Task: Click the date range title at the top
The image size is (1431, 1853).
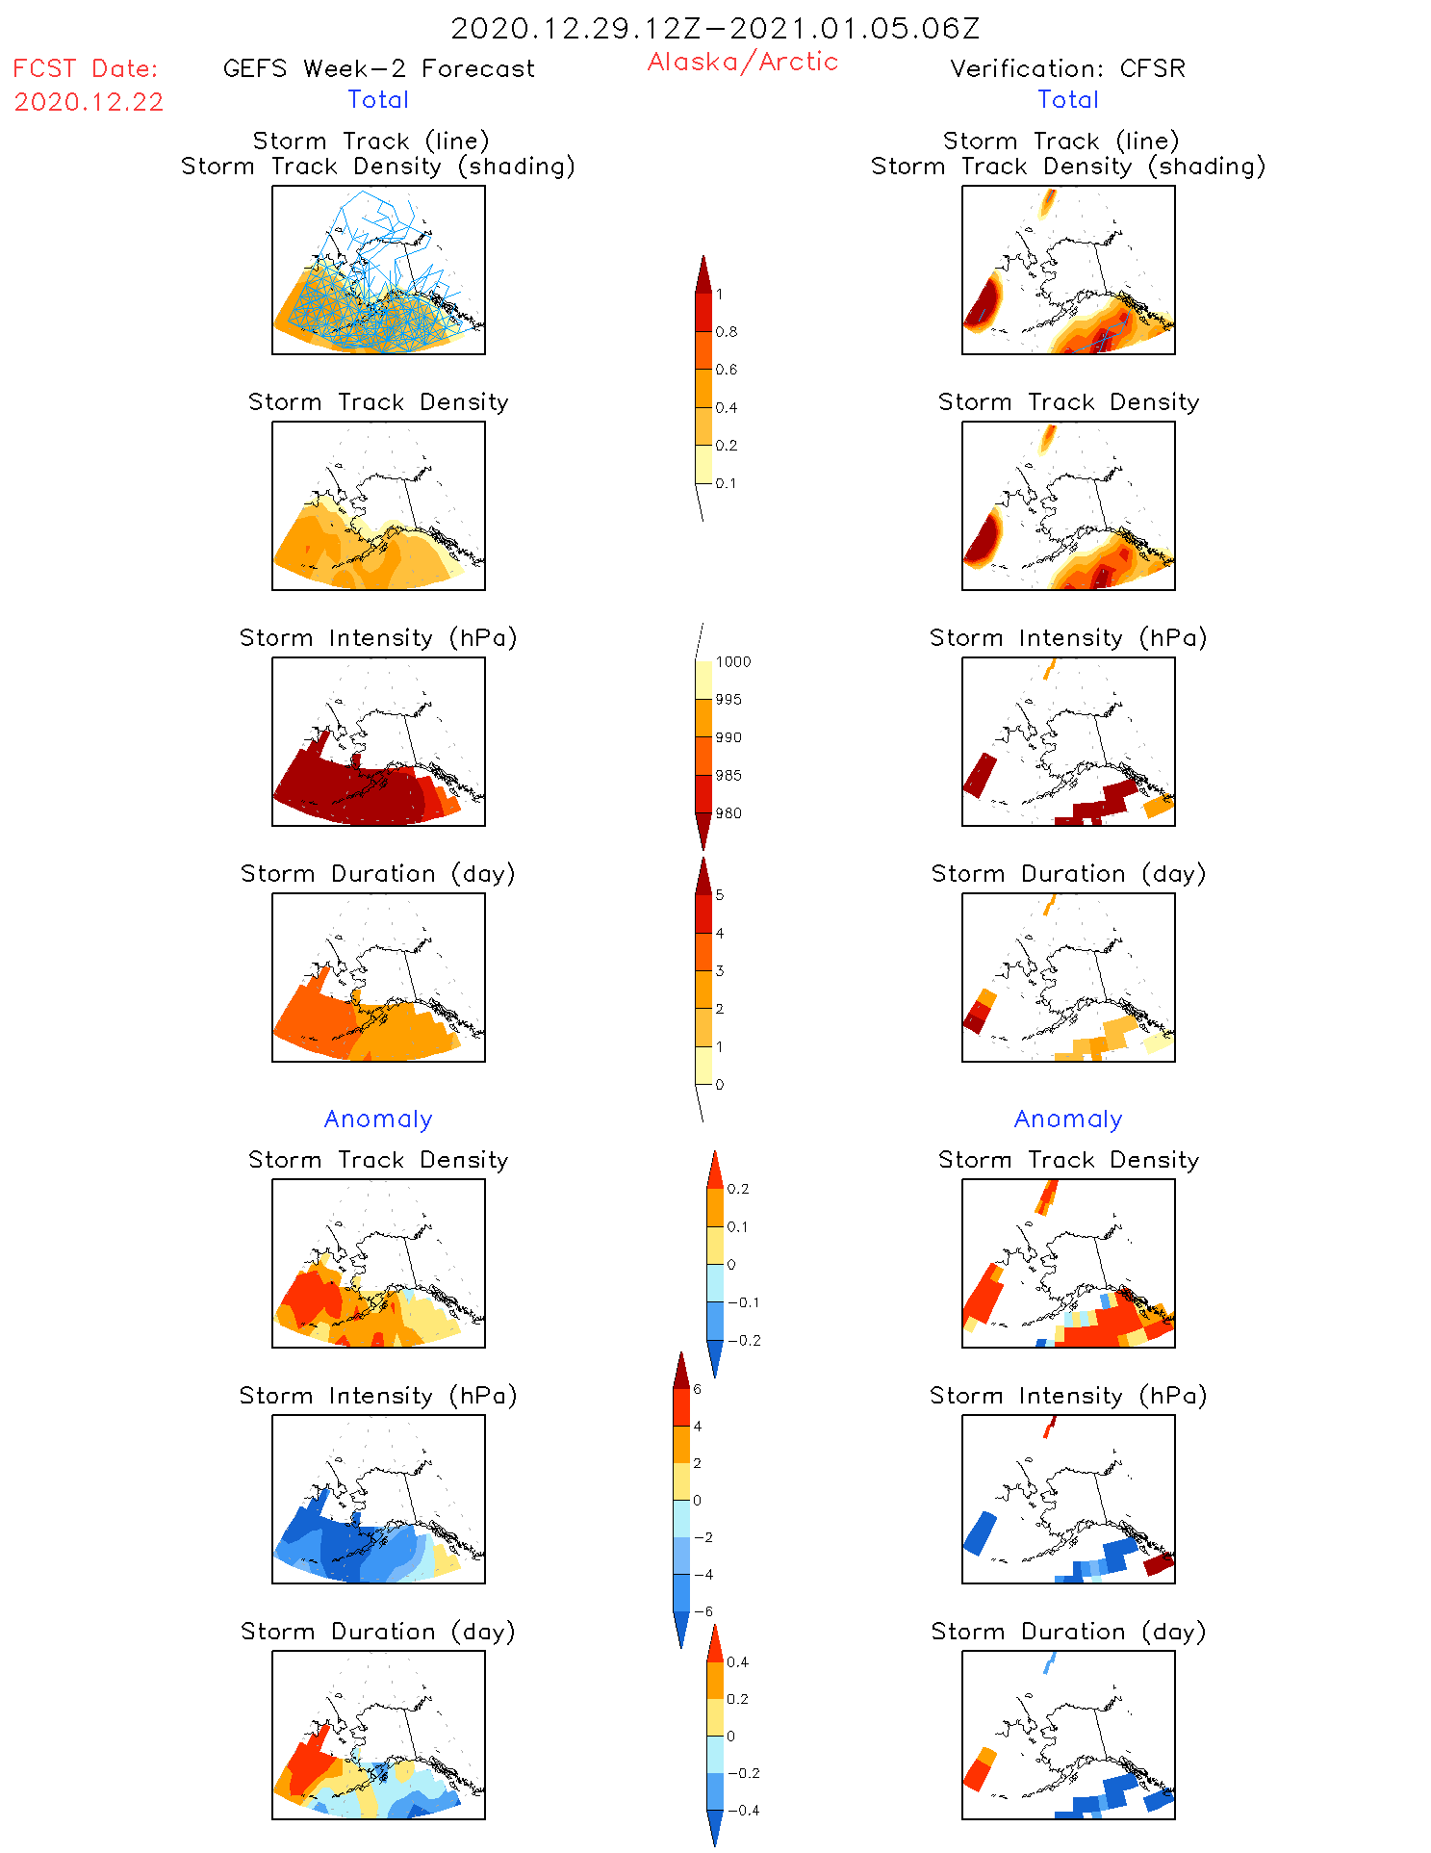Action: pyautogui.click(x=715, y=29)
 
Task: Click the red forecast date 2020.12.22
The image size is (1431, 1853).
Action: pyautogui.click(x=89, y=102)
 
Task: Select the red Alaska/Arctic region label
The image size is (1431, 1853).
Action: pyautogui.click(x=742, y=62)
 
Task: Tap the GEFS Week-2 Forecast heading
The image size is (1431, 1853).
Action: pyautogui.click(x=378, y=68)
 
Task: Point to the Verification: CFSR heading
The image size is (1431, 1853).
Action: pyautogui.click(x=1067, y=68)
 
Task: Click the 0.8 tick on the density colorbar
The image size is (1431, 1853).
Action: pyautogui.click(x=727, y=332)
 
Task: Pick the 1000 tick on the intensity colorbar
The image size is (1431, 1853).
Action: pyautogui.click(x=732, y=662)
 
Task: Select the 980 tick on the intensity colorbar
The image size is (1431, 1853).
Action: pyautogui.click(x=728, y=813)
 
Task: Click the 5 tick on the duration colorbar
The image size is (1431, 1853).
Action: pyautogui.click(x=719, y=895)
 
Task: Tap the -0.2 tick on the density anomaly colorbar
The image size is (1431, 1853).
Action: pyautogui.click(x=743, y=1341)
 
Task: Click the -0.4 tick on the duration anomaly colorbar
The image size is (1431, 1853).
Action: pyautogui.click(x=743, y=1811)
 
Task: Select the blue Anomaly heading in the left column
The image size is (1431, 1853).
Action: pyautogui.click(x=378, y=1119)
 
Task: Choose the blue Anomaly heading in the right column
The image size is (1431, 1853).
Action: pyautogui.click(x=1068, y=1119)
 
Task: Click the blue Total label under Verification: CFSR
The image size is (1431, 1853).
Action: pyautogui.click(x=1068, y=99)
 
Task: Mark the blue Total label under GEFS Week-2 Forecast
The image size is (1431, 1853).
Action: pyautogui.click(x=378, y=99)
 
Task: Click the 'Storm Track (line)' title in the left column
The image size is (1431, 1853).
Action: pyautogui.click(x=371, y=141)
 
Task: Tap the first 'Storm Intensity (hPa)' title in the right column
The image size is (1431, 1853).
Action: pyautogui.click(x=1068, y=637)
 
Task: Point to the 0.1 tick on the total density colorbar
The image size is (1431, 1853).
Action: pyautogui.click(x=726, y=483)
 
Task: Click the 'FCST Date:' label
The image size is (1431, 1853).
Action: pyautogui.click(x=85, y=68)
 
